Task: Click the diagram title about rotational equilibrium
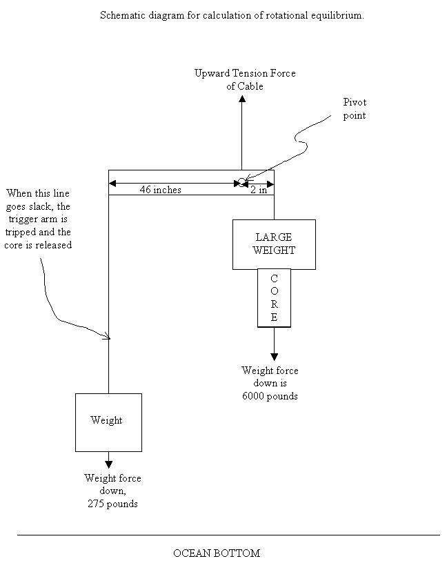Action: click(x=232, y=15)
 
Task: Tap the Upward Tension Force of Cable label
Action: click(x=245, y=79)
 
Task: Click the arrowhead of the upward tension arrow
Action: click(x=242, y=99)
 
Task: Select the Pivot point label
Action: click(x=355, y=109)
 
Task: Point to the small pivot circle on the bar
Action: click(x=241, y=182)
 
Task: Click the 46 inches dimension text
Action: click(x=161, y=190)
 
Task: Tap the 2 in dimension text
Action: click(x=259, y=190)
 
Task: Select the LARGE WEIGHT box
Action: click(x=274, y=244)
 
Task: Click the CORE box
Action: click(x=274, y=297)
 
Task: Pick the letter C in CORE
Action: click(x=274, y=278)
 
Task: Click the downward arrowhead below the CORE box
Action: click(x=274, y=357)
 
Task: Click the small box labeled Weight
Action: click(x=108, y=422)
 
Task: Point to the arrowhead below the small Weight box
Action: click(x=109, y=464)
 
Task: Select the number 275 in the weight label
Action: click(x=96, y=504)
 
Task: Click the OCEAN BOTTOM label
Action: click(x=217, y=553)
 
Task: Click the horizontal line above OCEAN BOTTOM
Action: click(x=228, y=535)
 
